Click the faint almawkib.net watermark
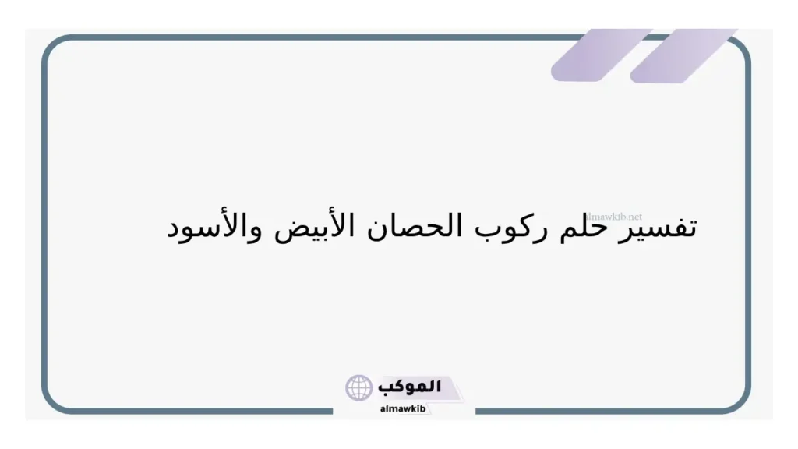click(x=615, y=217)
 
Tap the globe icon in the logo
click(x=359, y=387)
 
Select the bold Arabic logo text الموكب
click(x=409, y=386)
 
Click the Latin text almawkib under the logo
click(x=402, y=408)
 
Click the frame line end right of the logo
click(x=476, y=411)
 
